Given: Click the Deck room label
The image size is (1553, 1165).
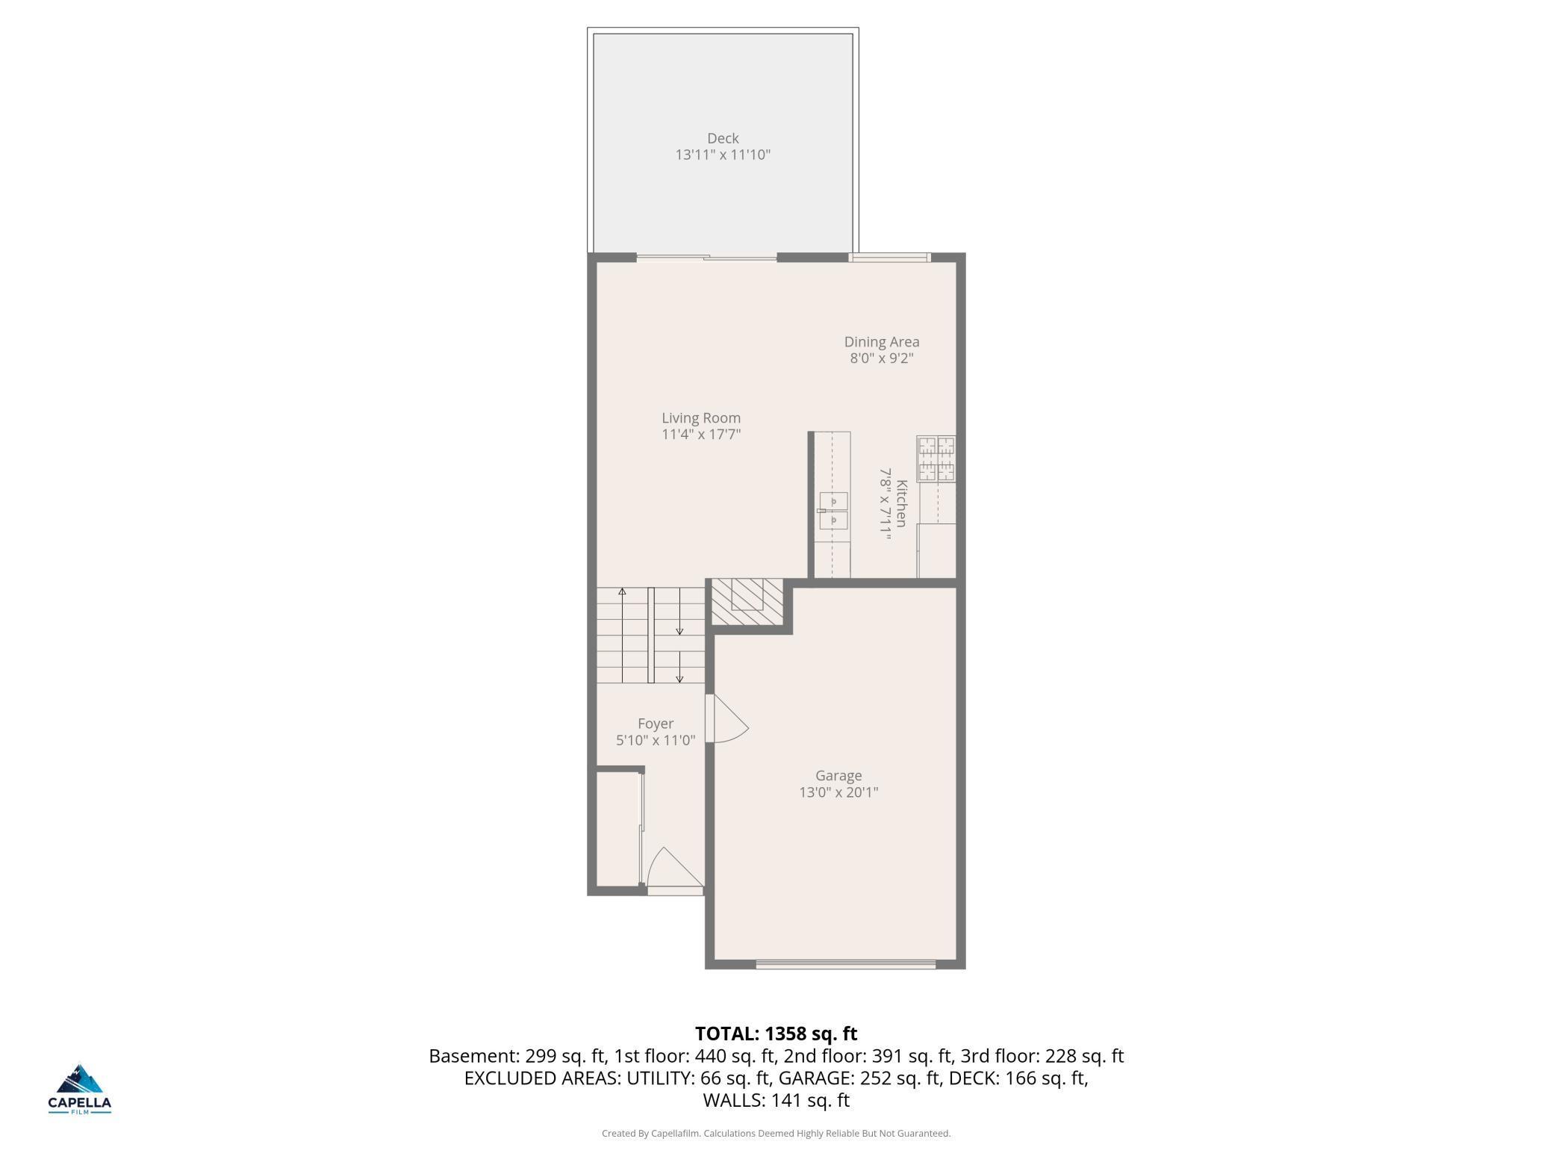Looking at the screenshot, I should [x=722, y=138].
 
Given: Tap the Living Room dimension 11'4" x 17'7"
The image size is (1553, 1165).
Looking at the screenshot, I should [x=700, y=435].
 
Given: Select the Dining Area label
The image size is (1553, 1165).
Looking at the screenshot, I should [x=881, y=342].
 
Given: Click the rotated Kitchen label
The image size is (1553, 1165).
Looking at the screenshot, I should [x=901, y=503].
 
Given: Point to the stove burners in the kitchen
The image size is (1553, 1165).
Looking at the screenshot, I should [x=936, y=459].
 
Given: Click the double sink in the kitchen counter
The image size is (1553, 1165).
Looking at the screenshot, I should [x=833, y=511].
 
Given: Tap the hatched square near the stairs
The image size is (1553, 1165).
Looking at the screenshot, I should [x=746, y=601].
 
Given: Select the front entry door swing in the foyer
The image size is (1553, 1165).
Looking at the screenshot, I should [x=674, y=869].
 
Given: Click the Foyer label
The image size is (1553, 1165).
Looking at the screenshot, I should [x=655, y=724].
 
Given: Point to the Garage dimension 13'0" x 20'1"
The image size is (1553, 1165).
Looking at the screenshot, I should [x=838, y=792].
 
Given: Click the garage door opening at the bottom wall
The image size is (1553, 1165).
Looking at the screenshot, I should [x=845, y=965].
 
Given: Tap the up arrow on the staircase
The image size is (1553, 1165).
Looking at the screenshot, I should [x=622, y=592].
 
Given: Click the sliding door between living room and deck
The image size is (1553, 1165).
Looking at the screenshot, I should [x=706, y=258].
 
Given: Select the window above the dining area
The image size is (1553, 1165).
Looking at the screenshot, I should [x=888, y=258].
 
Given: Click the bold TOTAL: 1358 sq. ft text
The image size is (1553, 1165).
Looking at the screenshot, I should [x=776, y=1034].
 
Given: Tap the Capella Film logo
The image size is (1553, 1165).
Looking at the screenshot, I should [x=80, y=1090].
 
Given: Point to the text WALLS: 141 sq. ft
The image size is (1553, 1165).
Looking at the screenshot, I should [x=776, y=1100].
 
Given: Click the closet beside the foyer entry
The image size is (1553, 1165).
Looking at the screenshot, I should [x=617, y=829].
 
